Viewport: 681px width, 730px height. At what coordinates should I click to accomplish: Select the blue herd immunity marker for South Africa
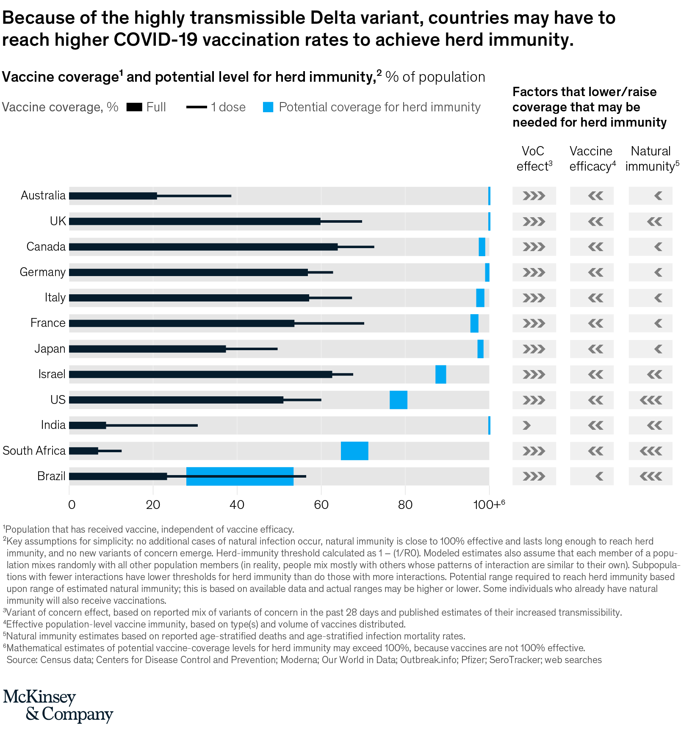pos(354,451)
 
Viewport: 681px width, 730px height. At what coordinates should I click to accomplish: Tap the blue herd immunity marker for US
pos(398,400)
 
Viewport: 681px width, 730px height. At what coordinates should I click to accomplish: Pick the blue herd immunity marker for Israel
pos(440,374)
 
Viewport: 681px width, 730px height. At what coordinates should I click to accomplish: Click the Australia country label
pos(43,196)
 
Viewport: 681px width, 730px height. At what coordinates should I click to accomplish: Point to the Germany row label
pos(43,272)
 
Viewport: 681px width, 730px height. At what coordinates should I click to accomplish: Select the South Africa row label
pos(34,451)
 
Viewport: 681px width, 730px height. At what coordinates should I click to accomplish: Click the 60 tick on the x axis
pos(321,505)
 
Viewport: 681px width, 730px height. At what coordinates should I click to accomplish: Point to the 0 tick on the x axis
pos(72,505)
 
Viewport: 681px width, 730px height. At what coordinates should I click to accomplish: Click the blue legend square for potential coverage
pos(268,107)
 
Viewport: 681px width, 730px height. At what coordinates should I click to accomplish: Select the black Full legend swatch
pos(134,107)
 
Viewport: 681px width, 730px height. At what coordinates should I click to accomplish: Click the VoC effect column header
pos(534,159)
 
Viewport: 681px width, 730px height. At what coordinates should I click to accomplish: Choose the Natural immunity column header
pos(651,159)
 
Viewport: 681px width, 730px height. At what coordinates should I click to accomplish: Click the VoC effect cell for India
pos(534,425)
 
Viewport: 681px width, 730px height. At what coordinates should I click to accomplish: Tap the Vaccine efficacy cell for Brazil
pos(592,476)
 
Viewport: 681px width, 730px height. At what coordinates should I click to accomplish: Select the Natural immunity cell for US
pos(651,400)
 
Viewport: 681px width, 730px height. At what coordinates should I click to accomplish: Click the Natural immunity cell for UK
pos(651,221)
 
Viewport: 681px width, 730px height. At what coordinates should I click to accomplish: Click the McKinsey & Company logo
pos(58,705)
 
